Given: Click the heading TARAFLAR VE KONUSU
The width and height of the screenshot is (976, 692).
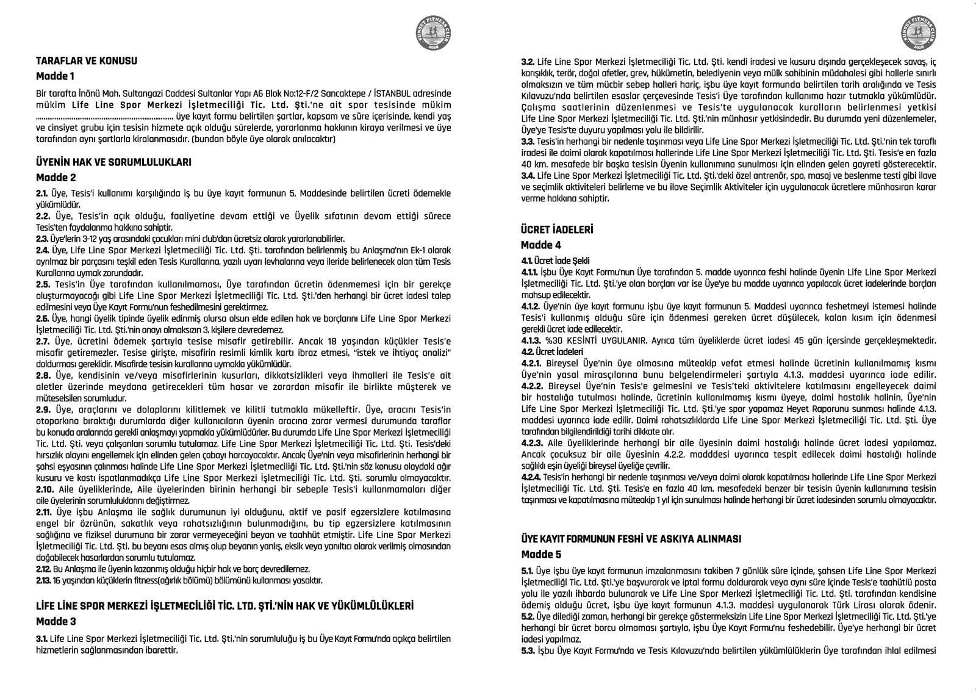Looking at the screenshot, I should pyautogui.click(x=87, y=61).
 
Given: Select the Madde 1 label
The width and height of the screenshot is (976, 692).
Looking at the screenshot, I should pyautogui.click(x=56, y=77).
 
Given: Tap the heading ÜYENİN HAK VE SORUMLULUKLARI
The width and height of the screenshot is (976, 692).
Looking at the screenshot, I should pyautogui.click(x=114, y=162).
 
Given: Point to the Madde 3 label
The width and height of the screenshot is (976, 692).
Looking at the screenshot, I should pyautogui.click(x=56, y=622).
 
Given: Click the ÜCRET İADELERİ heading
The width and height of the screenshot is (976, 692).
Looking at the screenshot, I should pyautogui.click(x=557, y=230).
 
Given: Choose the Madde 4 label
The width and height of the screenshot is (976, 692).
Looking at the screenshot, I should pyautogui.click(x=541, y=245).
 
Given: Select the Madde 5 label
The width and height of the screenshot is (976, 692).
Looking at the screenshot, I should pyautogui.click(x=541, y=555).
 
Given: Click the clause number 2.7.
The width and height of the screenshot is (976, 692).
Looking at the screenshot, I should pyautogui.click(x=44, y=342).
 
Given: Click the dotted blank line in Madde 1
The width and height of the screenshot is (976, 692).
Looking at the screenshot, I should pyautogui.click(x=104, y=116).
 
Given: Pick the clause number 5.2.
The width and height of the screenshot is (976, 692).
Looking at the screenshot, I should pyautogui.click(x=528, y=617).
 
